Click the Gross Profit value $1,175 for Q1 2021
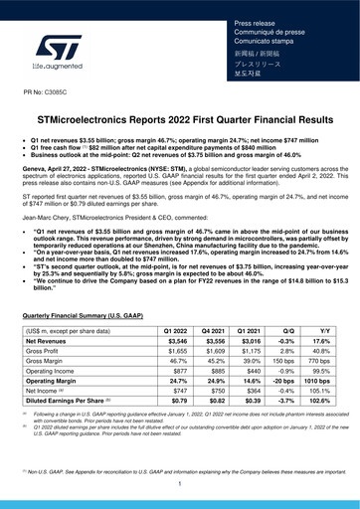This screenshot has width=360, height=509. (x=257, y=351)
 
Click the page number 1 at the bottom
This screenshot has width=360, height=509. (x=180, y=484)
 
